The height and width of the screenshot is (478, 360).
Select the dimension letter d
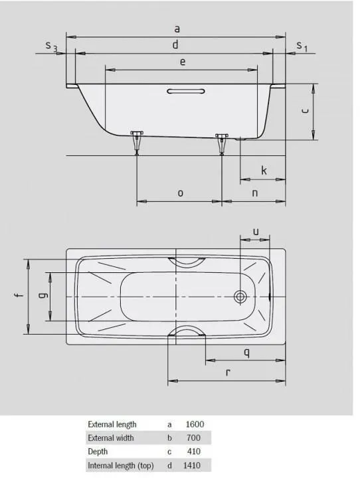175,44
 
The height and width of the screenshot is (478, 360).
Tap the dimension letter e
182,62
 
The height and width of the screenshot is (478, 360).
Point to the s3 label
51,46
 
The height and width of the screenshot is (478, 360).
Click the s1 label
302,46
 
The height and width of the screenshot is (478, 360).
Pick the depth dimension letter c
304,112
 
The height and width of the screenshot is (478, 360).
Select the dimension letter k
264,171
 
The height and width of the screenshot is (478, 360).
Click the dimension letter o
180,193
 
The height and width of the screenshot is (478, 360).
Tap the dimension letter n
254,193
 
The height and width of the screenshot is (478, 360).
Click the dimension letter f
19,295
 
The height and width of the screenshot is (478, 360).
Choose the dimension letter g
41,295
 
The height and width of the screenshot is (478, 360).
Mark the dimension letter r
227,372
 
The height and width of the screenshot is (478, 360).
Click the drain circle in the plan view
240,296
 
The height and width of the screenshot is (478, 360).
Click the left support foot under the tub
137,141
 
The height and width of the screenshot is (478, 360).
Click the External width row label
111,438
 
